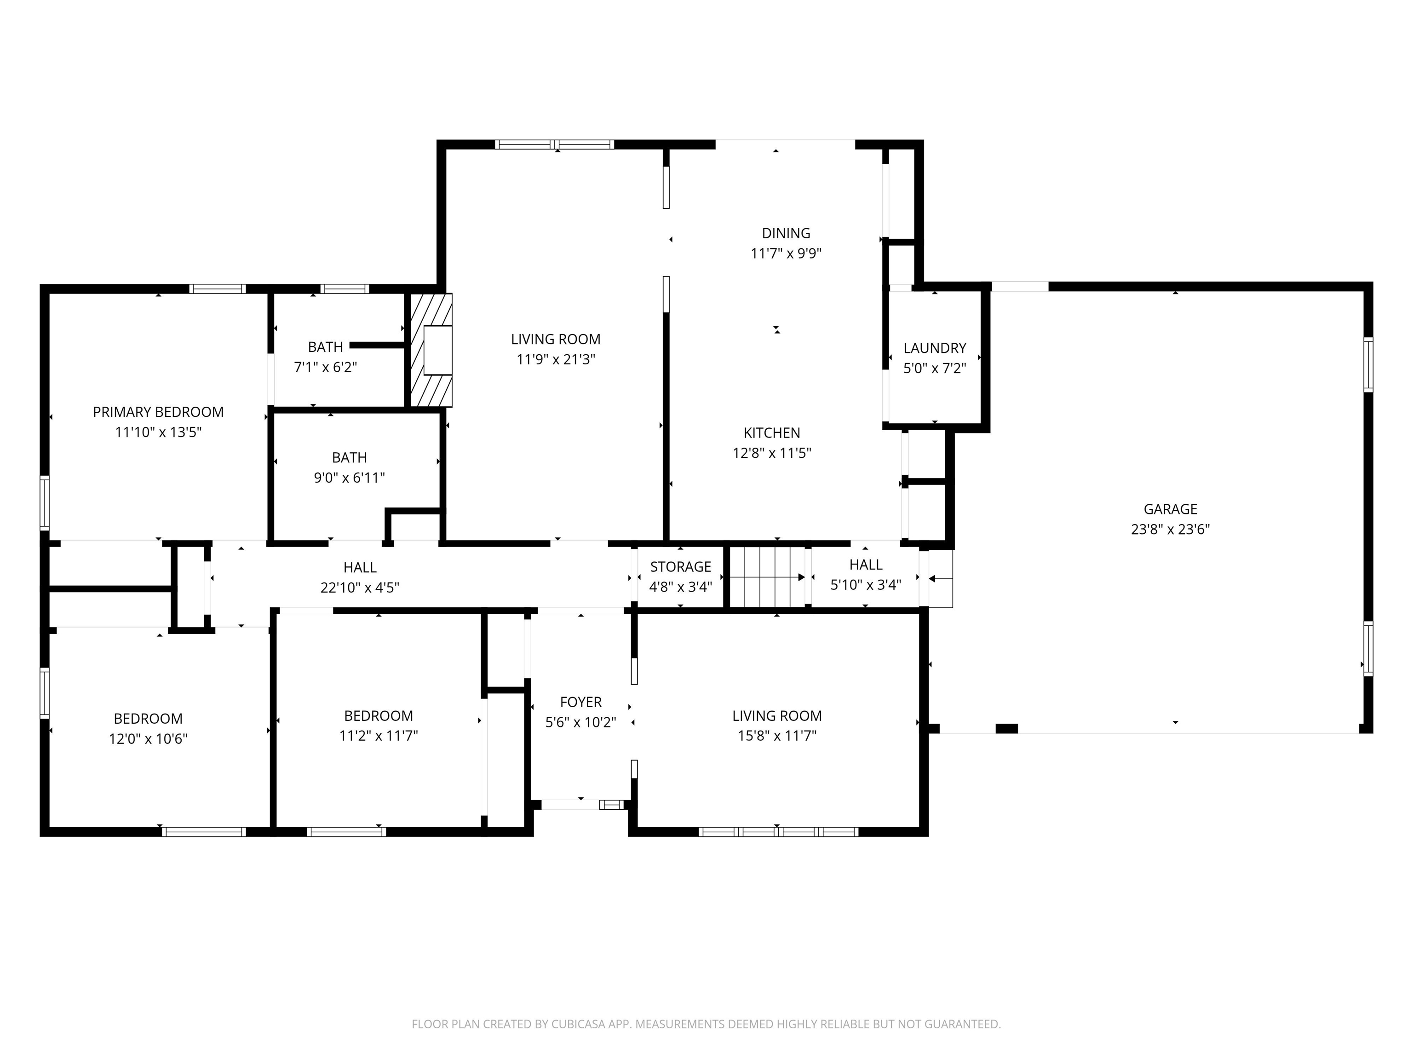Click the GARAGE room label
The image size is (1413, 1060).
click(1170, 509)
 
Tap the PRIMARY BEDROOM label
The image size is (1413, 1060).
click(158, 412)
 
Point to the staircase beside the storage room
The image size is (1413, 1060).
click(767, 577)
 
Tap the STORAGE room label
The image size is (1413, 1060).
click(680, 567)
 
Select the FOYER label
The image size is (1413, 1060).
click(580, 702)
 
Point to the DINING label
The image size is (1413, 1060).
click(786, 233)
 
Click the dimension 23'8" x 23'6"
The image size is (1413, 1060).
click(1170, 530)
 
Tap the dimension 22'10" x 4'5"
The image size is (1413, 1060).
click(360, 587)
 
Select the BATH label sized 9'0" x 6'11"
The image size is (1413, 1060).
click(350, 457)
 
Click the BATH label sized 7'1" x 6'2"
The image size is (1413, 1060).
click(325, 347)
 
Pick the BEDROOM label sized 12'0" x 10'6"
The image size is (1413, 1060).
click(148, 719)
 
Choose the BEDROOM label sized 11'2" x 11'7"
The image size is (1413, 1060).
click(378, 715)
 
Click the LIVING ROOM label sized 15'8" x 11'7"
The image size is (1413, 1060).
click(777, 715)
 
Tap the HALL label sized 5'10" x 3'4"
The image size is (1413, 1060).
click(866, 565)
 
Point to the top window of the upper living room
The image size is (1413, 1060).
click(554, 145)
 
